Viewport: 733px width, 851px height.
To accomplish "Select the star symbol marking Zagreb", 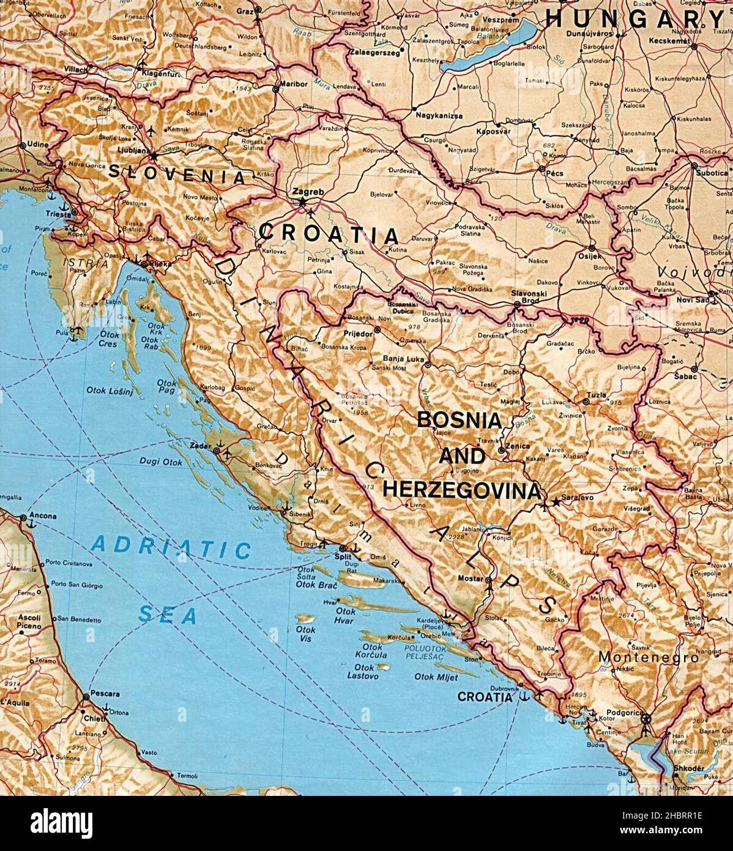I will click(302, 200).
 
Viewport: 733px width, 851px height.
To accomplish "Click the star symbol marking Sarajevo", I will click(556, 502).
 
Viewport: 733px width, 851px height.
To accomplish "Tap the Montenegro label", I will click(648, 658).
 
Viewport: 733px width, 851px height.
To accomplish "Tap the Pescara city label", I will click(104, 694).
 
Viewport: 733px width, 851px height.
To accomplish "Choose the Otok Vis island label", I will click(306, 634).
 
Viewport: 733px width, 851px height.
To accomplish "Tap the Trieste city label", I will click(59, 214).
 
